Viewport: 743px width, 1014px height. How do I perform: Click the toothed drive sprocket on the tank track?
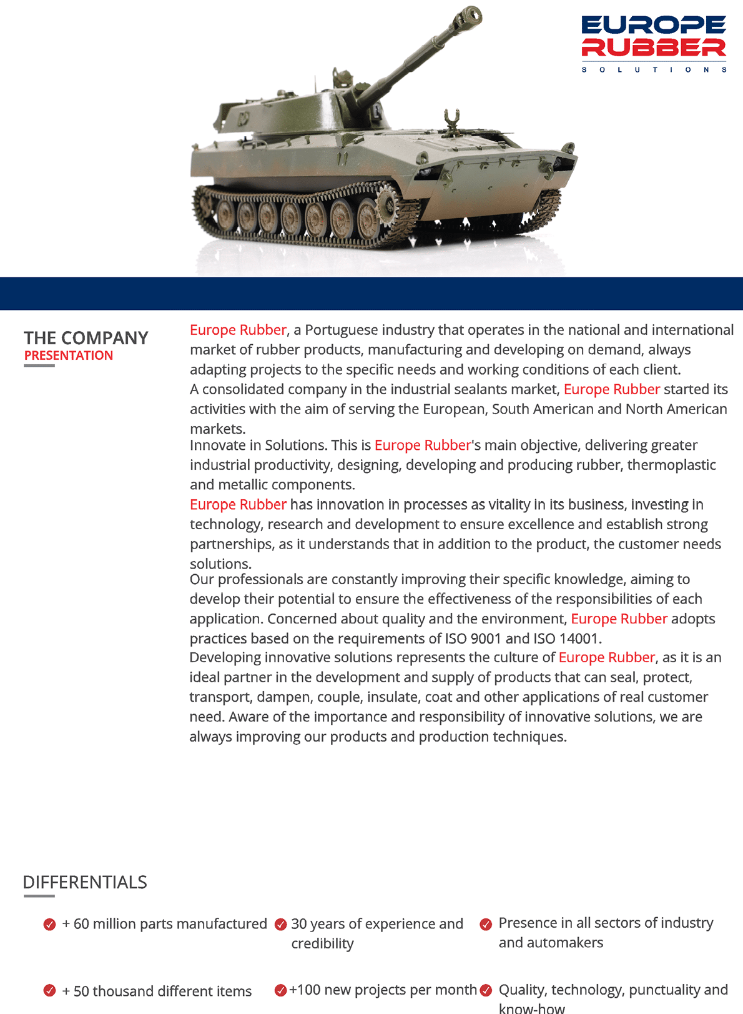[386, 203]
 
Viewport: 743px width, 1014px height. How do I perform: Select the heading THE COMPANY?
[86, 338]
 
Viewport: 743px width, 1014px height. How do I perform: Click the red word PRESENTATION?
[69, 355]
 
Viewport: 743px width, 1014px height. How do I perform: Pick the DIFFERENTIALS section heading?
[85, 882]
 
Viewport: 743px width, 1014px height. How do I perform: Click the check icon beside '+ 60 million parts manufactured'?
[50, 924]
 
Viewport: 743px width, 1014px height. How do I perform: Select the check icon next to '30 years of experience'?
[281, 924]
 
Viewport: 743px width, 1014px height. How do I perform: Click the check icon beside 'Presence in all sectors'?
[486, 924]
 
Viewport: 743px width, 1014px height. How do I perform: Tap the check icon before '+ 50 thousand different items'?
[50, 991]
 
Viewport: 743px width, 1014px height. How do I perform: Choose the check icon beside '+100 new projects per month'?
[281, 990]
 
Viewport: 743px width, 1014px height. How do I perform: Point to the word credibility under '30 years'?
[322, 943]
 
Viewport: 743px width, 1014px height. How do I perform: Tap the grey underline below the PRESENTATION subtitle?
[39, 365]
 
